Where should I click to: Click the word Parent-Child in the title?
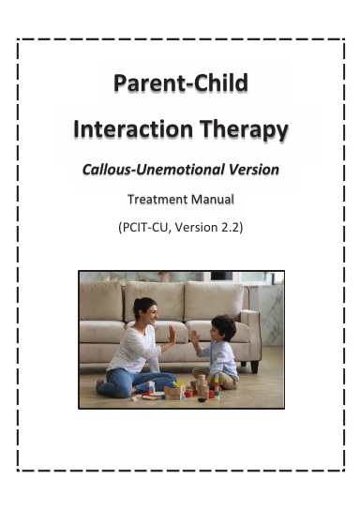point(180,84)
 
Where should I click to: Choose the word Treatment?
point(157,199)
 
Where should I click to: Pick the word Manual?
point(213,199)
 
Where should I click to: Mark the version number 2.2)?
point(232,227)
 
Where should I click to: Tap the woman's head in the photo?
point(145,310)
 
